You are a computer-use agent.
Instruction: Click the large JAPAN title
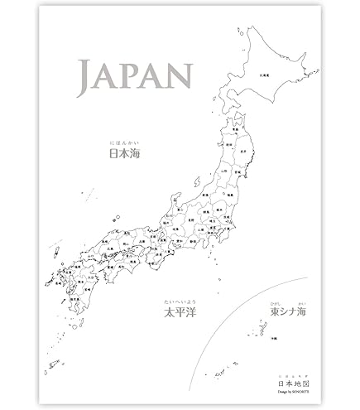click(x=132, y=77)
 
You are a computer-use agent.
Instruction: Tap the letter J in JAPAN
click(x=85, y=76)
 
